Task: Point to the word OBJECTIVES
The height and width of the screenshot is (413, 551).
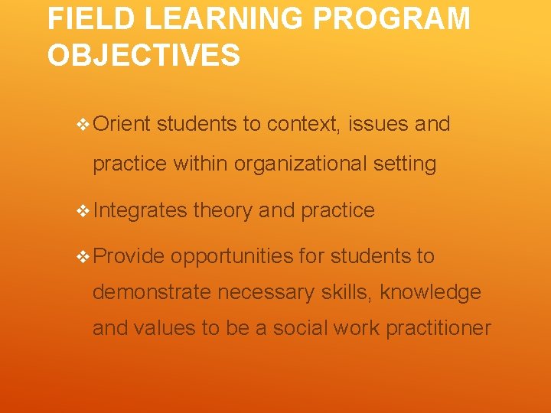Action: [x=144, y=55]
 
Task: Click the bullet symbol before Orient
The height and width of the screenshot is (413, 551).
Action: [x=83, y=124]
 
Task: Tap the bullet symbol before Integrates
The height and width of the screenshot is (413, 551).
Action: [x=83, y=211]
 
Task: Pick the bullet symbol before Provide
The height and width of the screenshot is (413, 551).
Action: [x=83, y=257]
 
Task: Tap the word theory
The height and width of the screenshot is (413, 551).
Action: [x=223, y=211]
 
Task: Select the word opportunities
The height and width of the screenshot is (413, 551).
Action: [x=231, y=257]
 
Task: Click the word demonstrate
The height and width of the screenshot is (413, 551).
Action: [x=152, y=292]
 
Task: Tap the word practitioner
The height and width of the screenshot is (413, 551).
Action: [x=438, y=328]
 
